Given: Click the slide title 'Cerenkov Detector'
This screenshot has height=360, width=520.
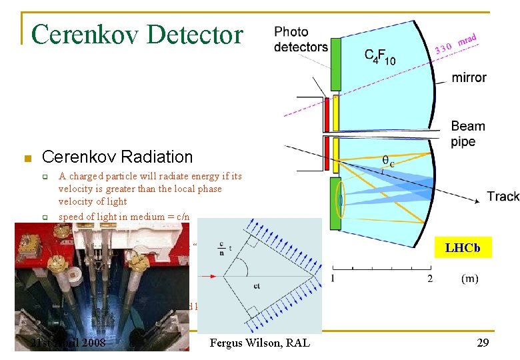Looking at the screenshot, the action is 137,33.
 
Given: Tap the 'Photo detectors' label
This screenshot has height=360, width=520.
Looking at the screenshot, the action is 301,39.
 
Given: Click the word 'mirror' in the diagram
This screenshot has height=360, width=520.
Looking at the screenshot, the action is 469,77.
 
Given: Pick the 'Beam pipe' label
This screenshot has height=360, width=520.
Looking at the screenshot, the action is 468,133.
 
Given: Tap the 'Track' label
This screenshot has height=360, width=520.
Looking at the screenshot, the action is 503,196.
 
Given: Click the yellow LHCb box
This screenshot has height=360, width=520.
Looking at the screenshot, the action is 463,248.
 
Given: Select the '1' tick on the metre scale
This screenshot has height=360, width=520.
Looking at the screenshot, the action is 333,278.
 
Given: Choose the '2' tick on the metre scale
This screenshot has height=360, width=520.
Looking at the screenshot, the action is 430,278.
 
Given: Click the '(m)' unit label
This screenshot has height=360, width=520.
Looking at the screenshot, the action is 469,278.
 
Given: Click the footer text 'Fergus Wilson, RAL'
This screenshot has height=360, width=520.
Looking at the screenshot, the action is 260,343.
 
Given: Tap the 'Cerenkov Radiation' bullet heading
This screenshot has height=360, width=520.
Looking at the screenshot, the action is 117,157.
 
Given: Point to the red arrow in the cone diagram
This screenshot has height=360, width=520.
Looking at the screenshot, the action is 212,273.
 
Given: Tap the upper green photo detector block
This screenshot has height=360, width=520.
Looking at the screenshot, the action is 336,67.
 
